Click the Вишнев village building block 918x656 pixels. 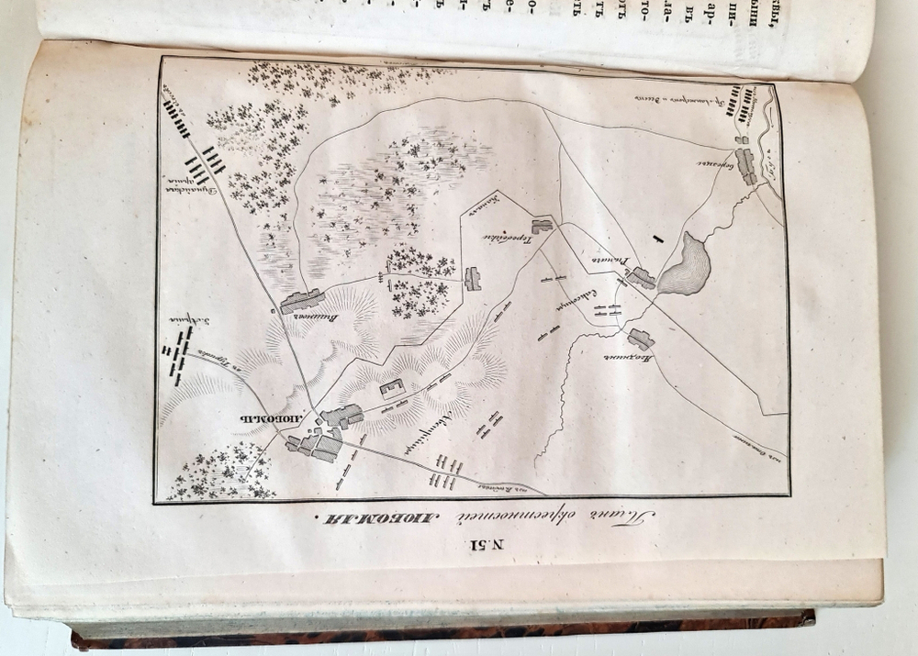[x=302, y=300]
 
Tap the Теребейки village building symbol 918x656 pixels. [x=542, y=225]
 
